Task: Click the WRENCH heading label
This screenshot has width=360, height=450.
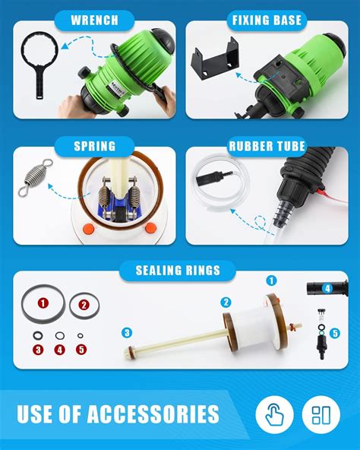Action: (x=94, y=20)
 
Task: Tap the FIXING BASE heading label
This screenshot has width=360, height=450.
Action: (x=267, y=20)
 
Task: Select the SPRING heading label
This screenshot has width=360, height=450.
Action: (x=94, y=146)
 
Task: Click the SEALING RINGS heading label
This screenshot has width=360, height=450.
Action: (x=179, y=270)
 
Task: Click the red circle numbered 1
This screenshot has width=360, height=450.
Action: (x=43, y=303)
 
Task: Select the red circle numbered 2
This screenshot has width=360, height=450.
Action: (x=84, y=305)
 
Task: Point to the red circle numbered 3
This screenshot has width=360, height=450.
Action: (x=37, y=350)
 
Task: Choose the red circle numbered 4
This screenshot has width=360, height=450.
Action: (x=60, y=350)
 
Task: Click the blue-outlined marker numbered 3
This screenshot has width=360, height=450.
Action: (x=128, y=331)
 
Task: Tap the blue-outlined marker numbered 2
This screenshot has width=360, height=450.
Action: (x=226, y=302)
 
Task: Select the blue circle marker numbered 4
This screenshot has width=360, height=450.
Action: (x=327, y=289)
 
